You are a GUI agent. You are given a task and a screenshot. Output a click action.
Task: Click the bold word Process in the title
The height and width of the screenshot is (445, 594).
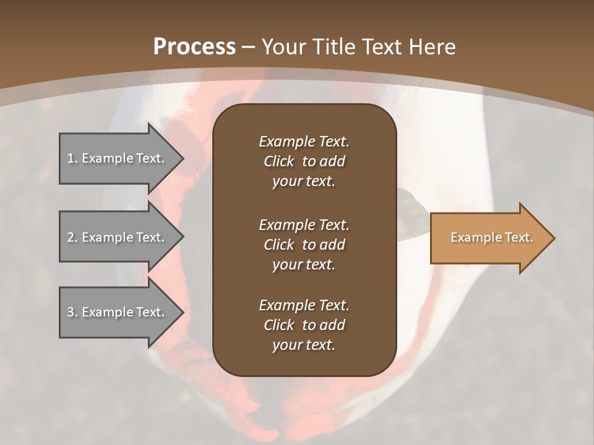point(194,46)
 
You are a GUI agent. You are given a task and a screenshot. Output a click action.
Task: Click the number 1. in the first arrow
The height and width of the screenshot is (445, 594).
point(72,158)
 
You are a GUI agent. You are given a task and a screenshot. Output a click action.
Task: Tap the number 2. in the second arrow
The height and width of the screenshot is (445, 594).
point(72,237)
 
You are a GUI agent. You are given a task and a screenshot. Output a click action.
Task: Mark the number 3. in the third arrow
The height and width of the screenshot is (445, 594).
point(72,312)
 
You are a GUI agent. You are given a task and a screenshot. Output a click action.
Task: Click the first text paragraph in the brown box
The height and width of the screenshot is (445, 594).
point(304,161)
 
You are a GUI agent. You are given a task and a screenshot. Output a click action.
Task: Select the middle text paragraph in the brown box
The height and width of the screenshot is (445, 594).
point(304,245)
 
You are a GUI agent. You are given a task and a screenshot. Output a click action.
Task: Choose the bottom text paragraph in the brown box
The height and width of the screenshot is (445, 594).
point(304,325)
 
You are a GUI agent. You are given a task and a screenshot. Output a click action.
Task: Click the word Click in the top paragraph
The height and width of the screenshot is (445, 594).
point(279,161)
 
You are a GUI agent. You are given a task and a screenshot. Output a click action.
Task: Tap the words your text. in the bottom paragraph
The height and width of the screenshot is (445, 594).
point(304,345)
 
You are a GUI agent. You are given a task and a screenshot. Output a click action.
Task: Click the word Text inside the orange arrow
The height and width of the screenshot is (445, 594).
point(517,237)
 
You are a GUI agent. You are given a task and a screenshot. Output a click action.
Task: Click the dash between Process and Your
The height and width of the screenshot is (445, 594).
point(249,47)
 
